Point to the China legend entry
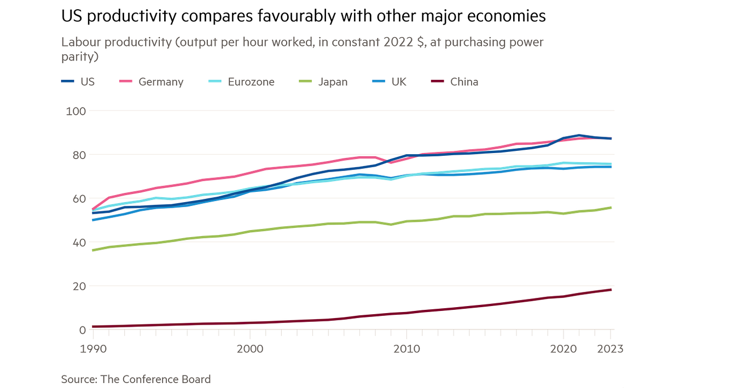coord(464,82)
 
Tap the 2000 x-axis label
coord(249,349)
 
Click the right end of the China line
coord(611,290)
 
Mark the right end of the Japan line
coord(611,208)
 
